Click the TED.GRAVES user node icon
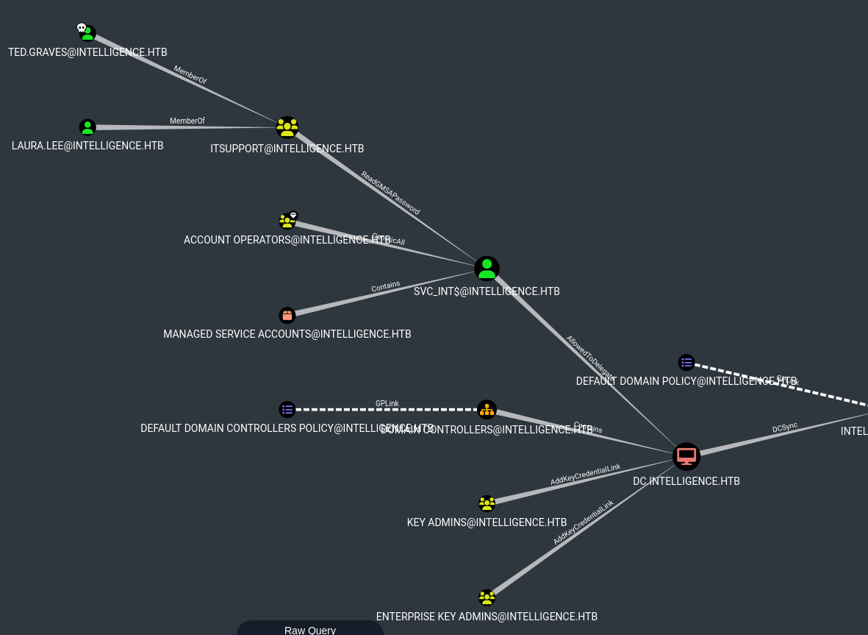click(88, 34)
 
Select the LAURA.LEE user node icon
click(87, 127)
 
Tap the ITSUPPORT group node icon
click(287, 127)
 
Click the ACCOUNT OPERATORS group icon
click(287, 221)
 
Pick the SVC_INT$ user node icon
click(487, 269)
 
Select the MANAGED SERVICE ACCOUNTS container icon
click(287, 316)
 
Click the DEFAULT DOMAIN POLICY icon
click(686, 362)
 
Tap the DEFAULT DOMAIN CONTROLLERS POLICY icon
click(287, 409)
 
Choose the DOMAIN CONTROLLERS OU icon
click(487, 410)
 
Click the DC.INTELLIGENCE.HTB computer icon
click(686, 456)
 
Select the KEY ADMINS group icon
click(487, 503)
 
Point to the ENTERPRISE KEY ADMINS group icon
click(487, 597)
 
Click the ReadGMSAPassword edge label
click(390, 193)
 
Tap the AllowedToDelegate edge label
click(589, 358)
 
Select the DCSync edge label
click(785, 428)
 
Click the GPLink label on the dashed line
click(387, 403)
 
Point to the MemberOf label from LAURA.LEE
click(187, 121)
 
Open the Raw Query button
click(310, 630)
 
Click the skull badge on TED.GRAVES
click(82, 28)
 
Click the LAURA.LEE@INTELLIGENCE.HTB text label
click(87, 146)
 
